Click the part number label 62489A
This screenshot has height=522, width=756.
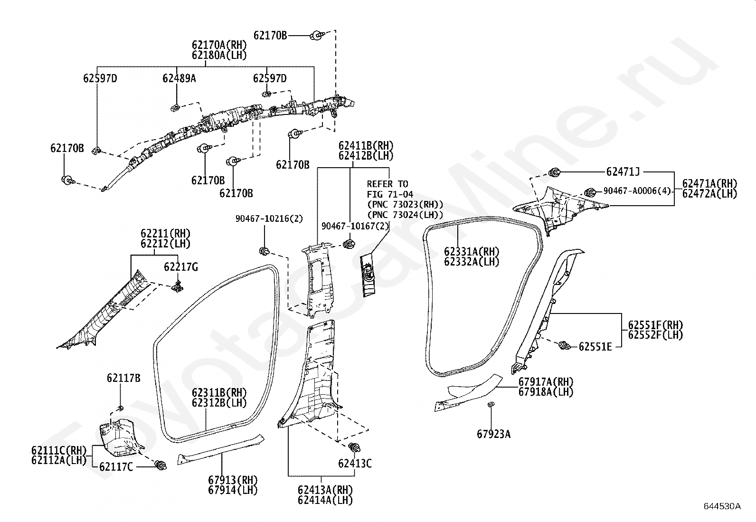(179, 78)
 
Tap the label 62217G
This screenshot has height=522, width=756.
(181, 267)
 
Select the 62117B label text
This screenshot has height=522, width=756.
(123, 378)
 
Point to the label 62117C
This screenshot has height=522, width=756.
(116, 467)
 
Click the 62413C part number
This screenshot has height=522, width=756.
(355, 464)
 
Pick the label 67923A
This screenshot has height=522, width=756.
(493, 434)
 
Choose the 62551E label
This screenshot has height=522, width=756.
(595, 347)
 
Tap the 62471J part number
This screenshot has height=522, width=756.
(623, 172)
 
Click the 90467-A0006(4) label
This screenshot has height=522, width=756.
(637, 191)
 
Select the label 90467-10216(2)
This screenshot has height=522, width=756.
(269, 219)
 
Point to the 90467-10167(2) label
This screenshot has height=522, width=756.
(355, 226)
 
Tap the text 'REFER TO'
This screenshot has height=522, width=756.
(387, 184)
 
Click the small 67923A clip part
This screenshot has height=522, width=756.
(491, 404)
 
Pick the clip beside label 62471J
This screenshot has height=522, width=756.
(554, 172)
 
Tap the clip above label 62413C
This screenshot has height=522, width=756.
(354, 447)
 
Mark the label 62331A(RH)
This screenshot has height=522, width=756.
(472, 252)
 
